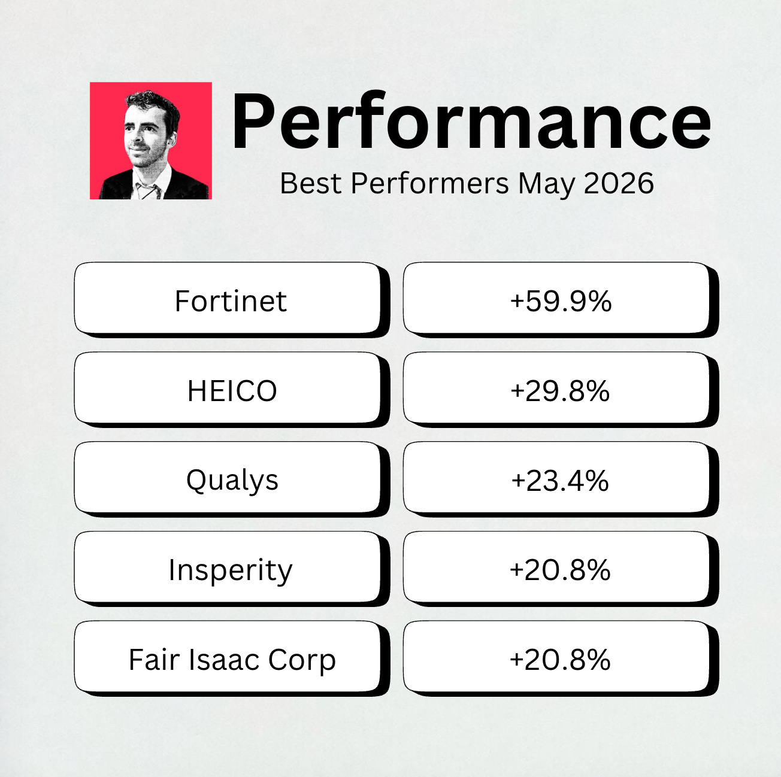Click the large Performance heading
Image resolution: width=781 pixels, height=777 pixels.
pyautogui.click(x=471, y=122)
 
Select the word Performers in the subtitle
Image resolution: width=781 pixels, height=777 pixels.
pyautogui.click(x=429, y=184)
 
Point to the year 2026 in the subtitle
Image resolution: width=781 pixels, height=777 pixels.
pyautogui.click(x=619, y=184)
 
